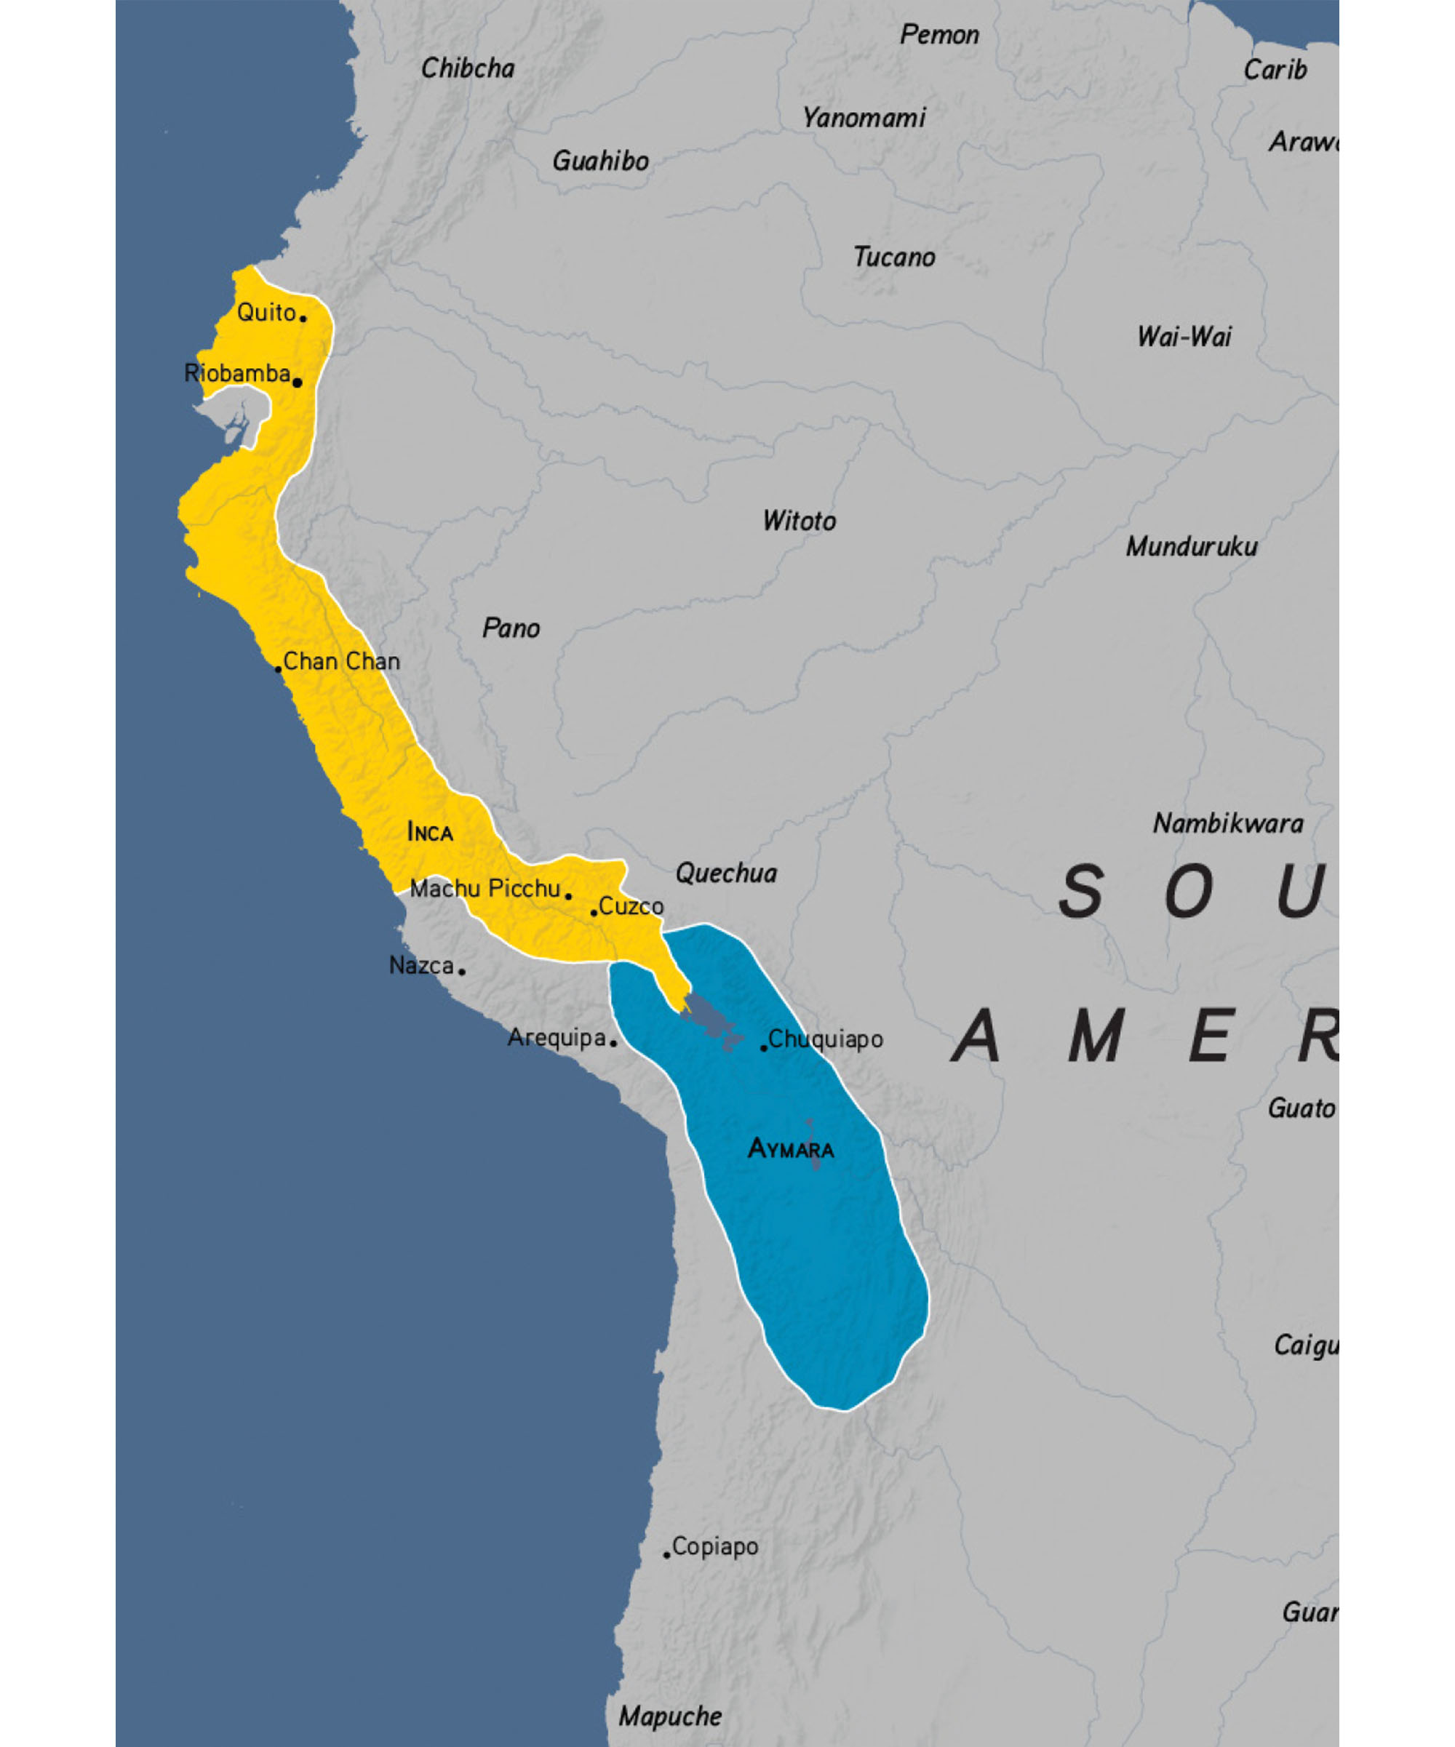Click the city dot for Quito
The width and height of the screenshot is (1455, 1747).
[303, 318]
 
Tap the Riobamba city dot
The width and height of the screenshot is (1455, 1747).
[297, 383]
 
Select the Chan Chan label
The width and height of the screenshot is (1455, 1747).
[341, 661]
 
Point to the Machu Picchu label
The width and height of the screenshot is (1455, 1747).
[485, 889]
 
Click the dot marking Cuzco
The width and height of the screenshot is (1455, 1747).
[594, 913]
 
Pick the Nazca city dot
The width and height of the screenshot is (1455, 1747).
[462, 971]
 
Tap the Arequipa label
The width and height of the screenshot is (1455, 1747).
[557, 1037]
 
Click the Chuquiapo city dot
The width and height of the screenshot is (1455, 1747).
[764, 1047]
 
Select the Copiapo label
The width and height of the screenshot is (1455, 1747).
[714, 1546]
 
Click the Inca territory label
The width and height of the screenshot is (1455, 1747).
[430, 832]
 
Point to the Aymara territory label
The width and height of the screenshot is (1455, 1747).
[790, 1149]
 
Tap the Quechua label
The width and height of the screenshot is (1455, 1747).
[726, 873]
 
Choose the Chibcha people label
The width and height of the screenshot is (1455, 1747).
[468, 68]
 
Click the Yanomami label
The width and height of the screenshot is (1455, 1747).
[864, 118]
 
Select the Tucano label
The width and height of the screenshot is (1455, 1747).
[894, 257]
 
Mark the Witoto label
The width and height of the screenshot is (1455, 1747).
[800, 521]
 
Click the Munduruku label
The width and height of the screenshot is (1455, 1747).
[1192, 546]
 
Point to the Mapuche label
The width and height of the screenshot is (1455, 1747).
[670, 1716]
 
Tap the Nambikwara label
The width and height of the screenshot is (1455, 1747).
[1228, 823]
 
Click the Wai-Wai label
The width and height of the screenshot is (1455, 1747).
[1184, 337]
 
